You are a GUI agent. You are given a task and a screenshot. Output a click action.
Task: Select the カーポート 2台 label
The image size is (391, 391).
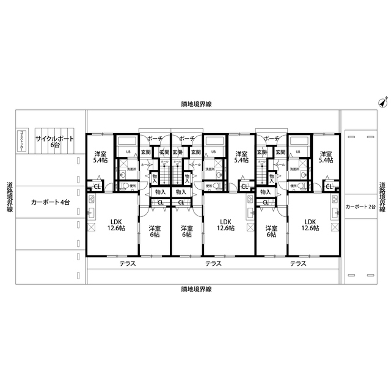[360, 207]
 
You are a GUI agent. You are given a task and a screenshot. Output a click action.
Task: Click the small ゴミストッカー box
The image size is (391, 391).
[22, 141]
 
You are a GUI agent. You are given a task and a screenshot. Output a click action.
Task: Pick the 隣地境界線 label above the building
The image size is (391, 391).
[196, 105]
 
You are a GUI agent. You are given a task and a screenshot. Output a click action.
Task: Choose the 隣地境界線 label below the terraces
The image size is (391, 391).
[196, 288]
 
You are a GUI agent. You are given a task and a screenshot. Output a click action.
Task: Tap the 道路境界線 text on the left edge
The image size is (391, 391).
[10, 197]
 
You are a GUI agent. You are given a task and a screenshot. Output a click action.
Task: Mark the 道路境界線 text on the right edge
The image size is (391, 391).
[382, 197]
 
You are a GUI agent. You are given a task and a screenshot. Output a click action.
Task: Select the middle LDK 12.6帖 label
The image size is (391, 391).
[225, 225]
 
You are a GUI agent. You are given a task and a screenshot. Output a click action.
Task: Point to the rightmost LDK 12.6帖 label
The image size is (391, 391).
[310, 225]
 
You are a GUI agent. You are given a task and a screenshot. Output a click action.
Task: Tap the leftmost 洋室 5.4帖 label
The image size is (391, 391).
[100, 157]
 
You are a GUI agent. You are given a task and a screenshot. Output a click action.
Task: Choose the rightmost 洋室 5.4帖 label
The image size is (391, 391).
[326, 157]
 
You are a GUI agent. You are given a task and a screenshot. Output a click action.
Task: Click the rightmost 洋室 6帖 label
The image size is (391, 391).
[271, 231]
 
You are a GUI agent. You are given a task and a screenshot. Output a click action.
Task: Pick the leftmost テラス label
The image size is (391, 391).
[128, 264]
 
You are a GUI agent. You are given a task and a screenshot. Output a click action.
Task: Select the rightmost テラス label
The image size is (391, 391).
[298, 264]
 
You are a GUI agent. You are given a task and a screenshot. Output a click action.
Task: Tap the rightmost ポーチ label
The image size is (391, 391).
[272, 139]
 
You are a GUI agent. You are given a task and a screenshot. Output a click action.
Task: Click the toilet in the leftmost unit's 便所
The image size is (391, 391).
[125, 186]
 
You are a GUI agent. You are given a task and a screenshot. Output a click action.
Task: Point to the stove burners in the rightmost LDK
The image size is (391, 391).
[335, 200]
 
